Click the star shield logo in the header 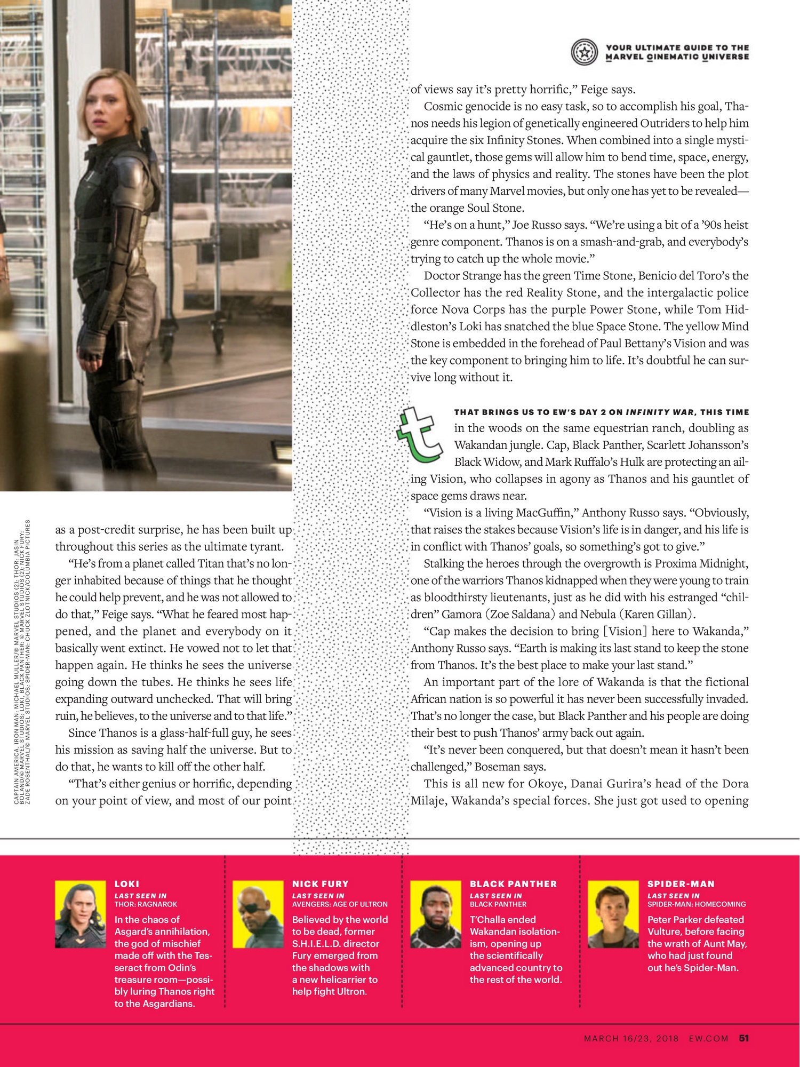click(x=585, y=52)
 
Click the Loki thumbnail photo click(x=81, y=914)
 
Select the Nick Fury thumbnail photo click(x=258, y=914)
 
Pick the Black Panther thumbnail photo click(x=436, y=914)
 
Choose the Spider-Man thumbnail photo click(x=613, y=914)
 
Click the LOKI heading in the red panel click(x=127, y=884)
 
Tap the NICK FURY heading click(x=320, y=884)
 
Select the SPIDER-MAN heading click(x=681, y=884)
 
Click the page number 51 click(x=744, y=1038)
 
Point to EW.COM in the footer click(x=708, y=1039)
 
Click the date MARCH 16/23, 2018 click(x=631, y=1039)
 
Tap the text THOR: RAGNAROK click(x=146, y=904)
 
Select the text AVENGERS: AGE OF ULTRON click(x=340, y=904)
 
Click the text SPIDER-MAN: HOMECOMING click(x=697, y=904)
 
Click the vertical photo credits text click(x=22, y=662)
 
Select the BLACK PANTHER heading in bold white click(x=513, y=884)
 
